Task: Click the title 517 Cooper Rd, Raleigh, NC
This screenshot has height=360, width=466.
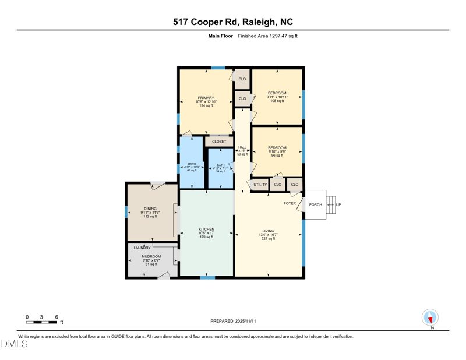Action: click(233, 22)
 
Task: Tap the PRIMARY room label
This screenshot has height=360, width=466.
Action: click(206, 98)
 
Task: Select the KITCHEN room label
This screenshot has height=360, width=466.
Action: click(206, 229)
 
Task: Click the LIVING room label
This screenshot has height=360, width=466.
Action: click(267, 231)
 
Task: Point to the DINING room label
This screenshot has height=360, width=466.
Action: click(150, 209)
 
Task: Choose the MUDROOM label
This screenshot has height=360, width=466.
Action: click(151, 256)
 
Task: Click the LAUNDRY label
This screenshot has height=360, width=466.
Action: click(142, 248)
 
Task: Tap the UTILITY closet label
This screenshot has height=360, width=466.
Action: click(260, 185)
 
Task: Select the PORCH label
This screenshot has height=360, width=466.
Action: click(315, 204)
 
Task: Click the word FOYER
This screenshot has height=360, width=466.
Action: click(290, 203)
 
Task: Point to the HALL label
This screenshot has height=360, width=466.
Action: click(242, 147)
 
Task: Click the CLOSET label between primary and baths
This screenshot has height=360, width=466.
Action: click(219, 142)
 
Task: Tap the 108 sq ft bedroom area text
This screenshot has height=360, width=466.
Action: click(277, 101)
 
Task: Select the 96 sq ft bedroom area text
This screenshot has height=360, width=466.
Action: click(277, 156)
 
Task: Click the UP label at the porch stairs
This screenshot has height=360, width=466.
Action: click(338, 204)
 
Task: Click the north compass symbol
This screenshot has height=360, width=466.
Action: click(430, 317)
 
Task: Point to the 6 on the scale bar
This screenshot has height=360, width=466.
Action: click(57, 317)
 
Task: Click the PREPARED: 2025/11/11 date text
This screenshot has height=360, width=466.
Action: click(232, 321)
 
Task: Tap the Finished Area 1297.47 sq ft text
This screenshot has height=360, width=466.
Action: click(267, 36)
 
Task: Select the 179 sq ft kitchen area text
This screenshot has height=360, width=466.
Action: click(206, 237)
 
